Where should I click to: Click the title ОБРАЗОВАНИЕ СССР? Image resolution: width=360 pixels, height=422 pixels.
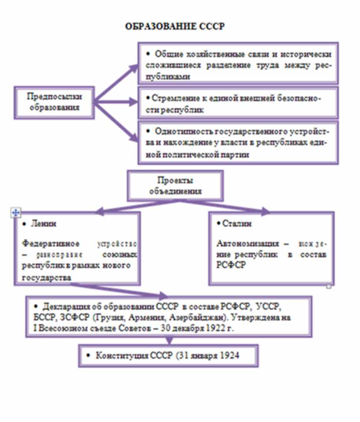pyautogui.click(x=175, y=26)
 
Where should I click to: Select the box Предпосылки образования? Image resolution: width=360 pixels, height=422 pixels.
pyautogui.click(x=55, y=102)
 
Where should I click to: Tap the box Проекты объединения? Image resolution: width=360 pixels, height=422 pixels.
pyautogui.click(x=176, y=186)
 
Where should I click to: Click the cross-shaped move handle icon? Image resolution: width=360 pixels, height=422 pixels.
pyautogui.click(x=15, y=213)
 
